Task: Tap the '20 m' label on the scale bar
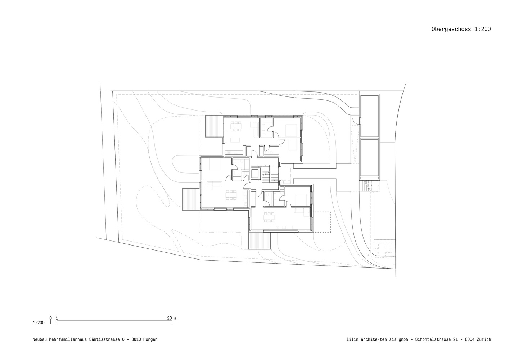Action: click(x=172, y=318)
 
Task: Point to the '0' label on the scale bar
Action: click(x=50, y=318)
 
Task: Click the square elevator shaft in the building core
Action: click(x=256, y=174)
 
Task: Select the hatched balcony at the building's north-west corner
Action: click(x=213, y=126)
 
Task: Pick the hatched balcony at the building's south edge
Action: click(x=260, y=240)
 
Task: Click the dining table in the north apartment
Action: click(x=236, y=126)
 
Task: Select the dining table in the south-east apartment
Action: click(x=269, y=217)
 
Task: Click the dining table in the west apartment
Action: click(x=231, y=195)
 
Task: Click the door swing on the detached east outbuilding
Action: click(x=355, y=121)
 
